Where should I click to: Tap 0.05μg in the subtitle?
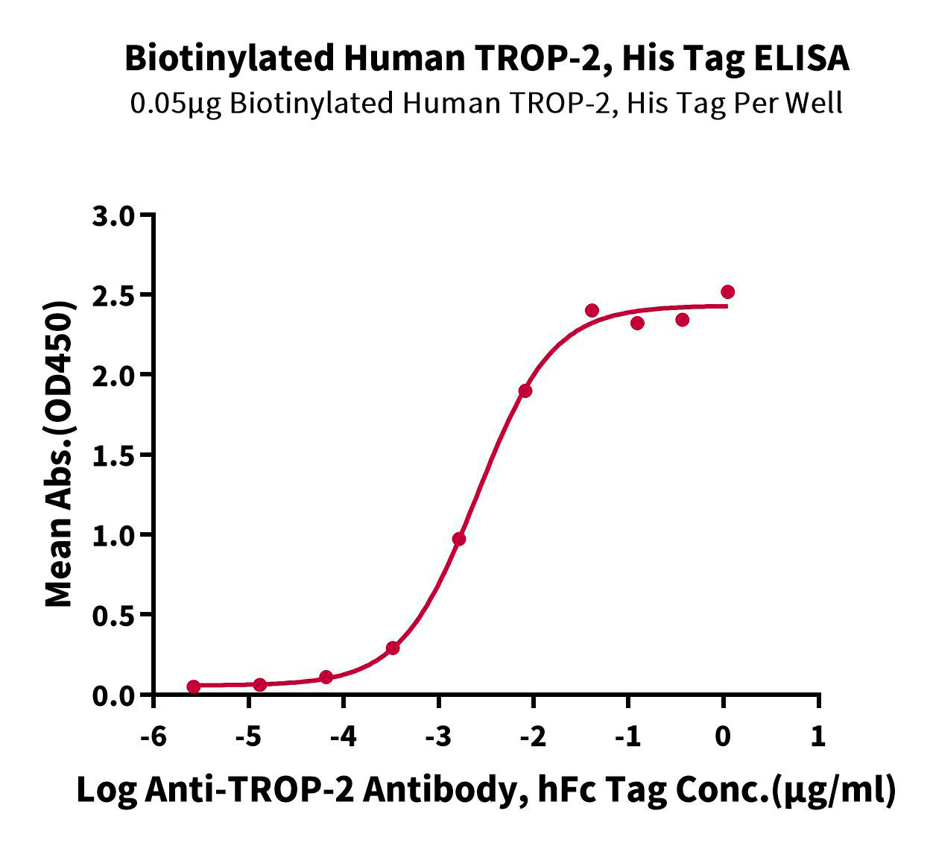pyautogui.click(x=175, y=104)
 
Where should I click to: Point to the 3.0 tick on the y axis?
pyautogui.click(x=113, y=216)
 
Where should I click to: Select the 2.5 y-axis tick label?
pyautogui.click(x=113, y=296)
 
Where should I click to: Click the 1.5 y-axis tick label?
pyautogui.click(x=113, y=455)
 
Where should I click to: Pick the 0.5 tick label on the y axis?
pyautogui.click(x=113, y=616)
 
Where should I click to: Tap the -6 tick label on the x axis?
pyautogui.click(x=153, y=737)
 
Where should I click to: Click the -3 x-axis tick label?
pyautogui.click(x=438, y=737)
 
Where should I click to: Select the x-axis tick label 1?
pyautogui.click(x=818, y=737)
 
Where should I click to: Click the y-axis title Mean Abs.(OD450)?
pyautogui.click(x=60, y=455)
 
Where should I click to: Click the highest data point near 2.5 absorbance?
pyautogui.click(x=727, y=291)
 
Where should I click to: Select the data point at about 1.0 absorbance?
pyautogui.click(x=459, y=539)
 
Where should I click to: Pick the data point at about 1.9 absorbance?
pyautogui.click(x=525, y=391)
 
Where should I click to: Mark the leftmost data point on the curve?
pyautogui.click(x=194, y=686)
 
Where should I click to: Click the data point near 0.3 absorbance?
pyautogui.click(x=393, y=648)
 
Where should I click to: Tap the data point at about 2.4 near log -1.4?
pyautogui.click(x=592, y=310)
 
